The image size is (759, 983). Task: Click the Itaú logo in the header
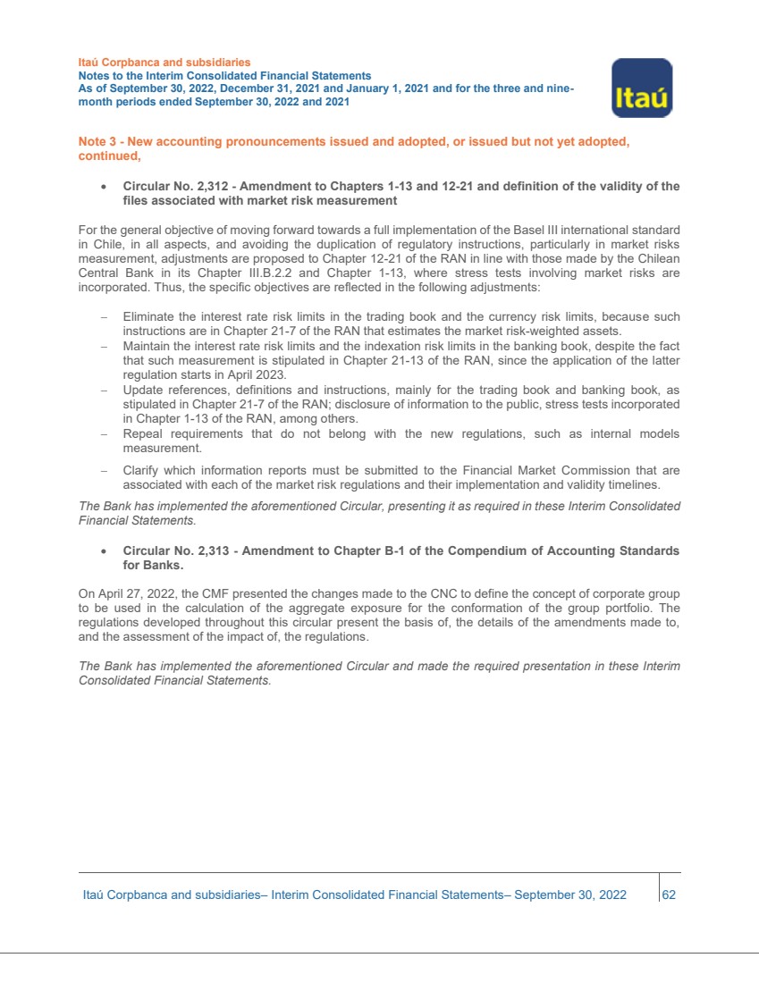(x=641, y=88)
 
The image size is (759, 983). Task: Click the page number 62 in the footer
(x=669, y=895)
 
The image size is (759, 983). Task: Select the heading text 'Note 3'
(x=97, y=143)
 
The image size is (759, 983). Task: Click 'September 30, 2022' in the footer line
(x=570, y=895)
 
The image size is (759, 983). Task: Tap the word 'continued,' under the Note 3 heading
(x=110, y=157)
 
